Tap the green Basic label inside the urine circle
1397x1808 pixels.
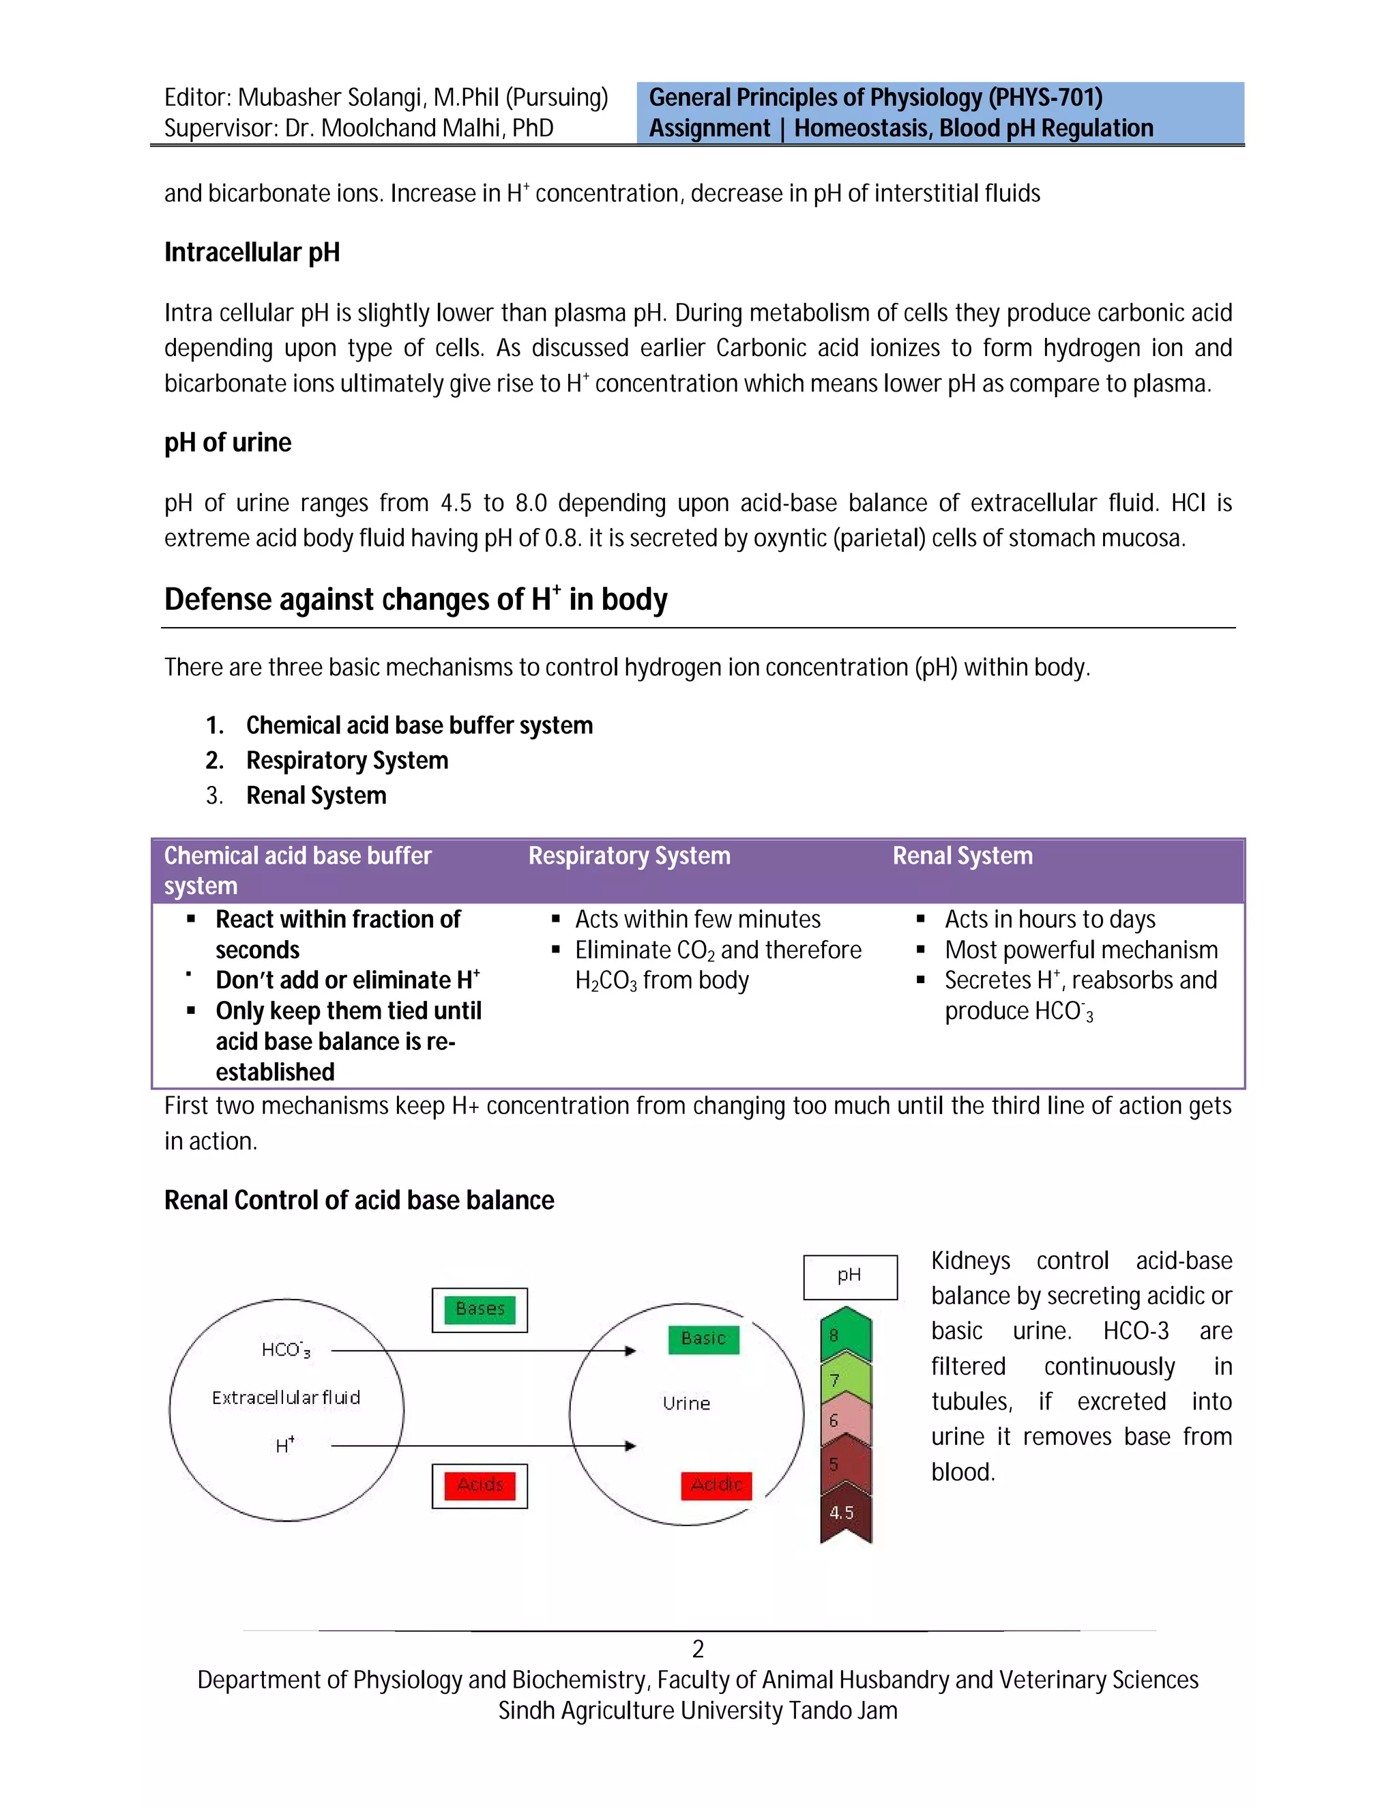pyautogui.click(x=703, y=1339)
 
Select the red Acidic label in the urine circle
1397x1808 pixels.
pyautogui.click(x=716, y=1485)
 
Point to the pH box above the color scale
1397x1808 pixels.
pyautogui.click(x=850, y=1277)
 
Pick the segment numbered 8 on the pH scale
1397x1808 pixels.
pyautogui.click(x=845, y=1335)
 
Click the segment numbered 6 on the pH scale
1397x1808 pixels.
pyautogui.click(x=845, y=1420)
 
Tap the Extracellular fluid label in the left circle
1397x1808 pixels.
pyautogui.click(x=286, y=1398)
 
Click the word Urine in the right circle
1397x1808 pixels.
pyautogui.click(x=686, y=1403)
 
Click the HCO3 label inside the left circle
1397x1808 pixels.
pyautogui.click(x=286, y=1350)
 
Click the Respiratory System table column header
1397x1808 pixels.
pyautogui.click(x=629, y=856)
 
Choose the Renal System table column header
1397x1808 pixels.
pyautogui.click(x=962, y=856)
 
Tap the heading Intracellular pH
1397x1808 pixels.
pyautogui.click(x=252, y=252)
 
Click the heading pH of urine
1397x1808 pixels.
pyautogui.click(x=228, y=443)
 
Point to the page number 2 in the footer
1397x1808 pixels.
pyautogui.click(x=698, y=1649)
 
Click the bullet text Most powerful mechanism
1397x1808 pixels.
pyautogui.click(x=1081, y=950)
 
